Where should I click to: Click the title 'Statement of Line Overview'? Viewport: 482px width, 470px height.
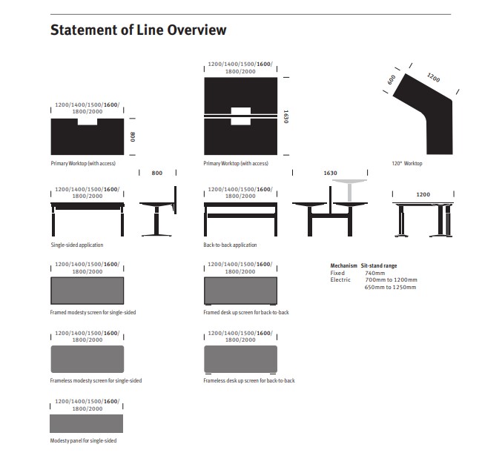point(139,30)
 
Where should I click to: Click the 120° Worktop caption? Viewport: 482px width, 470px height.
point(406,164)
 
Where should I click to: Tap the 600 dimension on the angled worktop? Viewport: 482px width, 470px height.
point(391,80)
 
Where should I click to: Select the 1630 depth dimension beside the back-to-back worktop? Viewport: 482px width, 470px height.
point(285,116)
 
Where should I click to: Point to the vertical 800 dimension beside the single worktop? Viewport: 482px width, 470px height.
point(133,137)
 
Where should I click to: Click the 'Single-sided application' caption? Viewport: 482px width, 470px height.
point(77,245)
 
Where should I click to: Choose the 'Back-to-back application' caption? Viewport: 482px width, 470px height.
point(230,245)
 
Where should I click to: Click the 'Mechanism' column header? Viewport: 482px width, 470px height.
point(343,265)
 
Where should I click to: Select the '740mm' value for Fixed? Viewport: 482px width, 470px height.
point(374,273)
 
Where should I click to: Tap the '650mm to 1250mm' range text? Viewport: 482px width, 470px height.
point(390,287)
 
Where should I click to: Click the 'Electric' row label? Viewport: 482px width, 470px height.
point(340,279)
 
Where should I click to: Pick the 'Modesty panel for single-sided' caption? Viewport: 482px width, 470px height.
point(83,440)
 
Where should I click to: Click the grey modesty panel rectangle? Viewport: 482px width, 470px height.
point(86,423)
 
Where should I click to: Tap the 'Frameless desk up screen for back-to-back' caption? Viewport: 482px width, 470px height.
point(249,380)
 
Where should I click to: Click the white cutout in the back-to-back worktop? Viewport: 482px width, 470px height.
point(241,116)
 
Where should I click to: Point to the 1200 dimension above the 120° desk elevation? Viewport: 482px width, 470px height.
point(423,194)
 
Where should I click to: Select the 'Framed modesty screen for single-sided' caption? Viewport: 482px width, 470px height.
point(93,312)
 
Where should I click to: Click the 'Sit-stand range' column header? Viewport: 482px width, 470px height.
point(379,265)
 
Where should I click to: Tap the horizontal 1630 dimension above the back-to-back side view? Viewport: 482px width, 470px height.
point(330,173)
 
